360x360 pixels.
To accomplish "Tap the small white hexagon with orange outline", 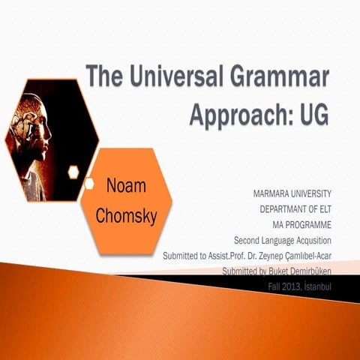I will coord(73,172).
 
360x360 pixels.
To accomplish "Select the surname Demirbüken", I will coord(299,271).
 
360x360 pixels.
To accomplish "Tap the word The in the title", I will coord(102,76).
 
